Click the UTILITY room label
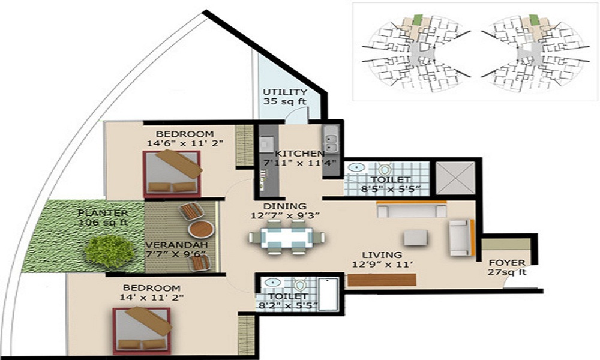[285, 92]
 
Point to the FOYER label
[506, 263]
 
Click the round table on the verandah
[200, 231]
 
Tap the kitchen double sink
[331, 143]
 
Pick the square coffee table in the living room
[416, 238]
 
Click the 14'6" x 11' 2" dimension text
[176, 143]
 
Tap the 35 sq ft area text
[285, 102]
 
